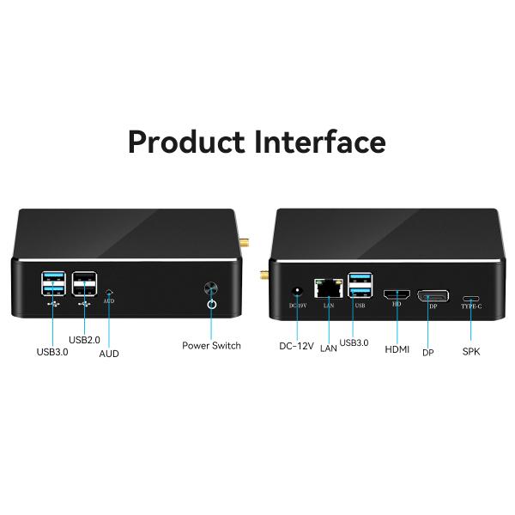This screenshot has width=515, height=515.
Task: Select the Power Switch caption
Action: tap(211, 345)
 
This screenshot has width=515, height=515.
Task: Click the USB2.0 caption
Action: tap(84, 340)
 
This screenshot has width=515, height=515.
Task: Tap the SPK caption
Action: tap(471, 351)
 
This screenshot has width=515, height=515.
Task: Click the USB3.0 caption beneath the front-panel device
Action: tap(51, 351)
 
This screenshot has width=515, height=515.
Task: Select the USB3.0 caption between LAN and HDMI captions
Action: tap(354, 342)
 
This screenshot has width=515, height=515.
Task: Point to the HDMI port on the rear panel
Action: tap(397, 294)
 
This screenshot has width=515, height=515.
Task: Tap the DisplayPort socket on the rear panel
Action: tap(433, 296)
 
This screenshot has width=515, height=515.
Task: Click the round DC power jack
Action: tap(297, 292)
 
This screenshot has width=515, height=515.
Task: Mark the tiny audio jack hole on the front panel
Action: tap(109, 292)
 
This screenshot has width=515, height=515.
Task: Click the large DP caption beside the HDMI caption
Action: tap(427, 353)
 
